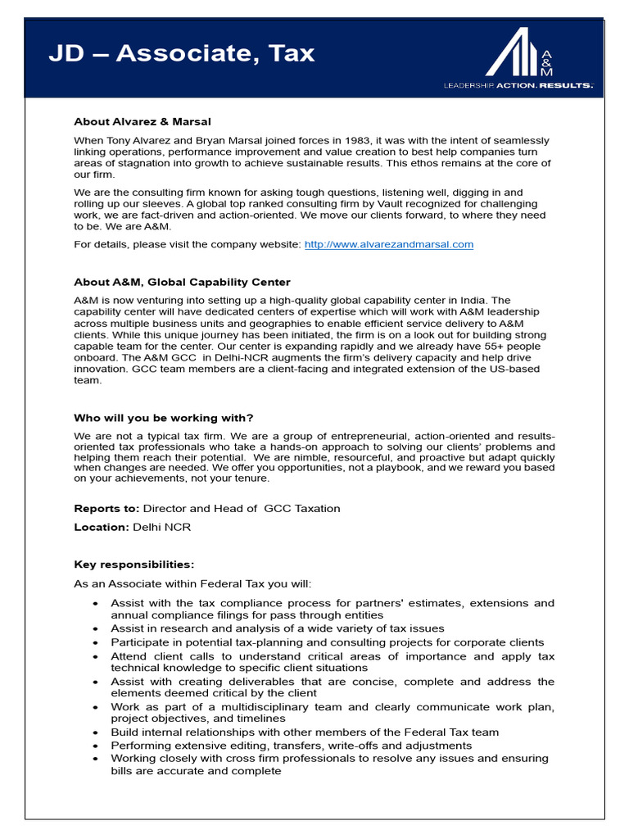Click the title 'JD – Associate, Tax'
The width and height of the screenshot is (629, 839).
(x=181, y=53)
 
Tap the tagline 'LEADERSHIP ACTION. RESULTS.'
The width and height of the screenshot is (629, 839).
(x=518, y=84)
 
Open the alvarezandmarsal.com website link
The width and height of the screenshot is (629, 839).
(x=389, y=244)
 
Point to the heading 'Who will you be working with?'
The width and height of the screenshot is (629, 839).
(x=164, y=417)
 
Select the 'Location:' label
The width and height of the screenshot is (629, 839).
(x=102, y=527)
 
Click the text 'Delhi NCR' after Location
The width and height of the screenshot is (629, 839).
(x=161, y=527)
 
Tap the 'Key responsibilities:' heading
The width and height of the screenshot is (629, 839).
(x=134, y=565)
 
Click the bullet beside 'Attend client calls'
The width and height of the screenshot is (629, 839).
(x=95, y=656)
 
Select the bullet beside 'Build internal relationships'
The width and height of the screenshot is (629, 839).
(x=95, y=732)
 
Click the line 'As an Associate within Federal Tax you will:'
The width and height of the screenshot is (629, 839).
(x=192, y=583)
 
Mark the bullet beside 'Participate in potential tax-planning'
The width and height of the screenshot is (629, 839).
(x=95, y=642)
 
